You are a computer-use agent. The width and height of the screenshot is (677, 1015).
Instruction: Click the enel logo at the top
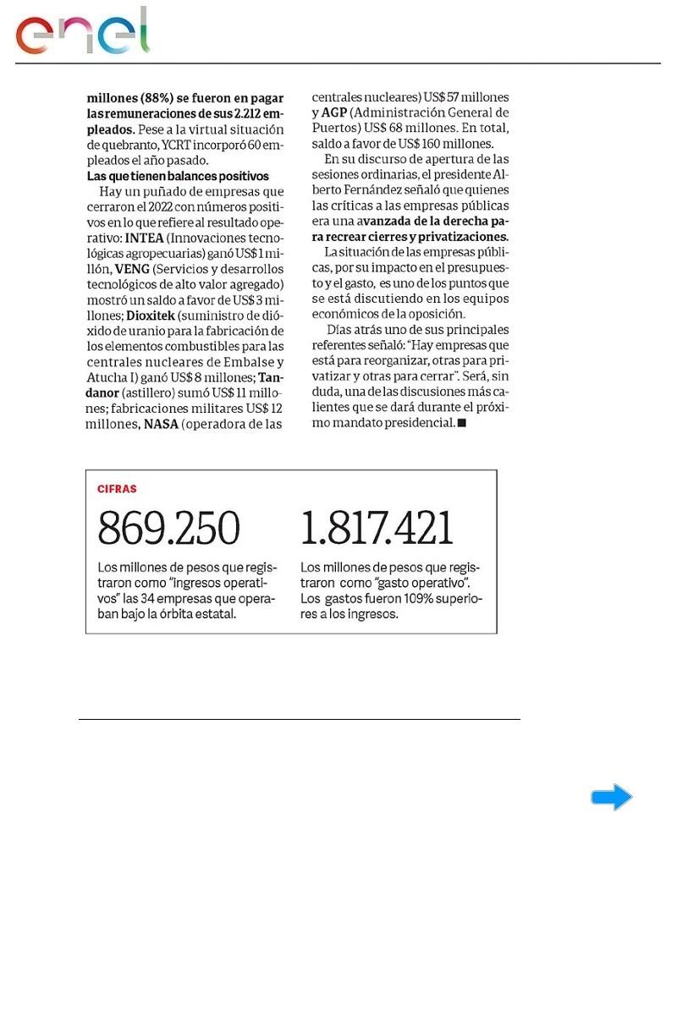click(x=82, y=33)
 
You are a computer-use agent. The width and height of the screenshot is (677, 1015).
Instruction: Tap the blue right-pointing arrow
click(x=611, y=797)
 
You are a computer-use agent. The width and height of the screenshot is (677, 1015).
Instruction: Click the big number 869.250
click(x=169, y=529)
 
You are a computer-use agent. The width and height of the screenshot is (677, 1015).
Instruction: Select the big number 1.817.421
click(x=377, y=529)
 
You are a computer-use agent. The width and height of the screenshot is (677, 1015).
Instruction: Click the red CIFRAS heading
click(x=117, y=489)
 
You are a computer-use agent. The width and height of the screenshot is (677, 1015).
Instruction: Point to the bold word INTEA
click(x=144, y=238)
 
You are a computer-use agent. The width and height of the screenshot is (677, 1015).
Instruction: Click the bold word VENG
click(x=132, y=268)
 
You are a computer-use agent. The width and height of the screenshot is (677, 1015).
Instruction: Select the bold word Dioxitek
click(x=153, y=315)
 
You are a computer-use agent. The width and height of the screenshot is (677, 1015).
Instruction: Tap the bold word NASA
click(x=161, y=424)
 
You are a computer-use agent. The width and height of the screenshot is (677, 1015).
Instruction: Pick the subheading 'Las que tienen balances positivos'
click(x=178, y=176)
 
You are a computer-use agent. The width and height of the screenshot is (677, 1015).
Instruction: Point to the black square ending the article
click(x=461, y=423)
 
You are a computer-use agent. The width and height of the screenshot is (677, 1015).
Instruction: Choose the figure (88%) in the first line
click(x=159, y=98)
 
